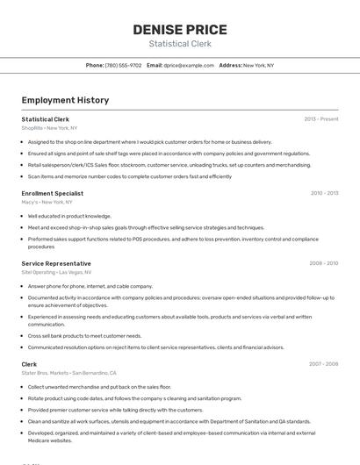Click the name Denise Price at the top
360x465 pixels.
pos(179,30)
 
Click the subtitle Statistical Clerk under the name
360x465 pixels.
pos(179,44)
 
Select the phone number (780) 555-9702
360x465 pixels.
pos(123,65)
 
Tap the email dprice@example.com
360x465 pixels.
pos(189,65)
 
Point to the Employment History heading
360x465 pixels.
pos(65,100)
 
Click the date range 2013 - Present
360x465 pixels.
pos(320,118)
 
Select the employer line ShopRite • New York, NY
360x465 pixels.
pos(49,128)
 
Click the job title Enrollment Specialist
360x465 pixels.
pos(53,193)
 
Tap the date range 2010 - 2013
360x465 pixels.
pos(324,193)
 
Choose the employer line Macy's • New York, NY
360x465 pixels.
pos(47,202)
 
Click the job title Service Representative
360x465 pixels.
pos(56,263)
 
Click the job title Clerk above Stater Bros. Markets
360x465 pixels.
pos(29,363)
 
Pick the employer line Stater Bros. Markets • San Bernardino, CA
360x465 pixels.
pos(68,373)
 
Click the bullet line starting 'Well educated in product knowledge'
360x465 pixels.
pos(69,216)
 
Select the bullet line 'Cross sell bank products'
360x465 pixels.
pos(84,335)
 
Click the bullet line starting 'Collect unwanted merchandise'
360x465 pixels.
pos(99,386)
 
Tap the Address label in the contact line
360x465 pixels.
pos(230,65)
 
